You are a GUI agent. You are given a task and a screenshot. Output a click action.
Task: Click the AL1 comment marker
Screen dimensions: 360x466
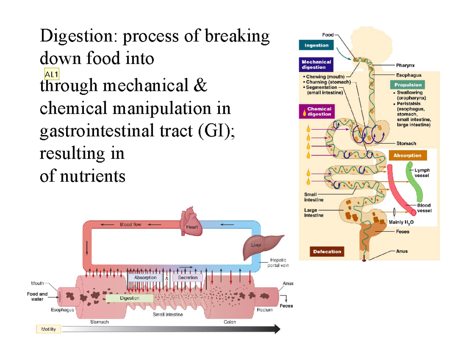tap(52, 74)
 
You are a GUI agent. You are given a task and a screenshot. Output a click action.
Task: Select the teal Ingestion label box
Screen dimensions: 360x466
tap(316, 45)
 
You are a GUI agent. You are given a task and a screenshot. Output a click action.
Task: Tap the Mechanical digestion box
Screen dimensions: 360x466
tap(316, 64)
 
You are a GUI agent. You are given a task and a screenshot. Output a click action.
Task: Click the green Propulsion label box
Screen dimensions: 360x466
tap(408, 85)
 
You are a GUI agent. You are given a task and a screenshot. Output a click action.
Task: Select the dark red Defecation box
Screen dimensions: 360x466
tap(327, 251)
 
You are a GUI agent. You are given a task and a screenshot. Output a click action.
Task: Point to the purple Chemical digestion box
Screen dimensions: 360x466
tap(316, 111)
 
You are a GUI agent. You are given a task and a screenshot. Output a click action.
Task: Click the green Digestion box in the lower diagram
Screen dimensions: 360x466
tap(129, 298)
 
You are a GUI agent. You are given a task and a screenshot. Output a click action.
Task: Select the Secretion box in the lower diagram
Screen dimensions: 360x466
tap(188, 278)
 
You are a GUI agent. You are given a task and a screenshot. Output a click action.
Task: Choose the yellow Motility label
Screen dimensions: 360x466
tap(48, 329)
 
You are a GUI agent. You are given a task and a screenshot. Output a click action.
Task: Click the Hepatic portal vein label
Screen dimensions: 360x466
tap(278, 263)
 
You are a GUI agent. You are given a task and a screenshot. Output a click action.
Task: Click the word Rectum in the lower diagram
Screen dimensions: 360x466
tap(265, 310)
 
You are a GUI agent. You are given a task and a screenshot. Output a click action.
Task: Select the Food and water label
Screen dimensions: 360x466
tap(37, 296)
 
